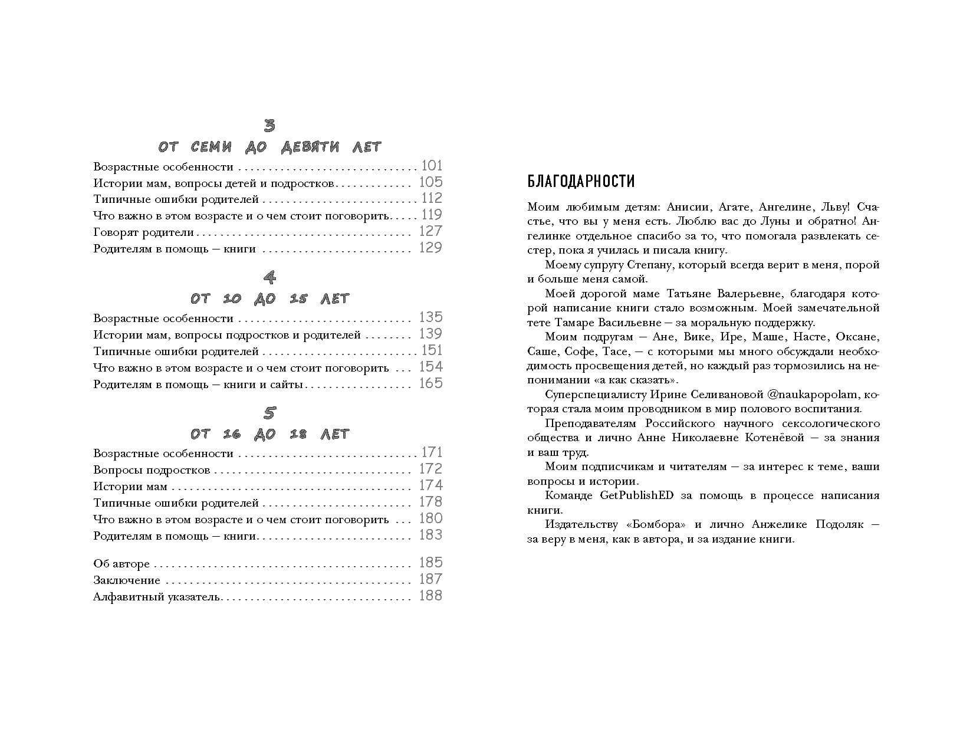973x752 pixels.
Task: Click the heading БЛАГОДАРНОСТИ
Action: coord(581,181)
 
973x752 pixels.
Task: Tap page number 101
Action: coord(432,166)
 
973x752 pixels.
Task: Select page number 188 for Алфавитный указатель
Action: coord(430,596)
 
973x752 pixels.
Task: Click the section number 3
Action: coord(269,125)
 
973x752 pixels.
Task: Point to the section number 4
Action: coord(269,277)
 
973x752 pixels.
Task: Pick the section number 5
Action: coord(269,412)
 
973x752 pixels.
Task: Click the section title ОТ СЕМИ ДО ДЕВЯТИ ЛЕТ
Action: coord(269,146)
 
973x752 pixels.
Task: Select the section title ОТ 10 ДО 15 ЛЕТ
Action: coord(269,298)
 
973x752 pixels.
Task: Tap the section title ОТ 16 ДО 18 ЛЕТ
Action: coord(269,434)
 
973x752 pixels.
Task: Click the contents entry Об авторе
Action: coord(121,564)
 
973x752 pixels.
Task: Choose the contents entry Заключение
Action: coord(127,580)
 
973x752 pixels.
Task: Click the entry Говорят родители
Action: coord(143,232)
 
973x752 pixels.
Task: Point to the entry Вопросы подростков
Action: coord(152,470)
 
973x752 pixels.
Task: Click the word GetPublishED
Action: coord(636,495)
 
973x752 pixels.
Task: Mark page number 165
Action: coord(430,383)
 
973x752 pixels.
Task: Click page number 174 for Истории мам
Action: coord(430,485)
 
